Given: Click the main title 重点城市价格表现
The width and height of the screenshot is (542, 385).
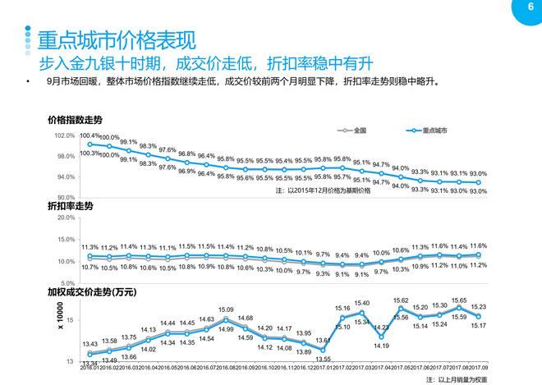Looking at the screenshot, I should [x=114, y=39].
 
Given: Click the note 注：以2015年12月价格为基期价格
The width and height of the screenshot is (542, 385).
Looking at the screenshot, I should [x=324, y=190].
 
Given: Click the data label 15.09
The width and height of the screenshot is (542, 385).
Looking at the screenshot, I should [x=226, y=309].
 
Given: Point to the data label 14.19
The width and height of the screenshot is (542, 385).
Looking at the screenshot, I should [x=381, y=346].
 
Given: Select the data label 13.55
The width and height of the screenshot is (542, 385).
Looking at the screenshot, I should [x=323, y=359].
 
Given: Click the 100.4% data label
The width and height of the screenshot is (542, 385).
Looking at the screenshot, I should [x=90, y=135].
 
